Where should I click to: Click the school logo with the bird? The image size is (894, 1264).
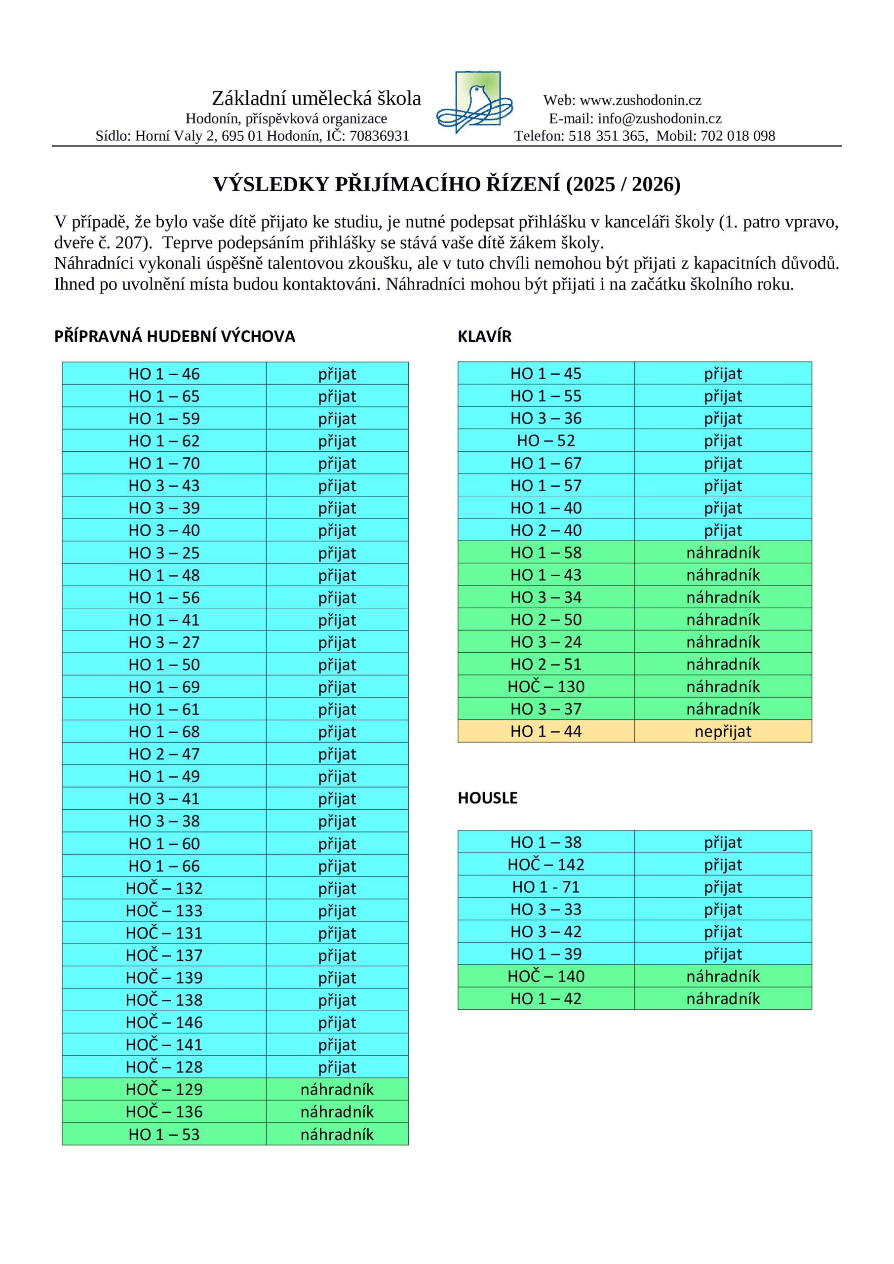coord(474,102)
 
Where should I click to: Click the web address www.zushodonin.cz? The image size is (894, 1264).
coord(640,100)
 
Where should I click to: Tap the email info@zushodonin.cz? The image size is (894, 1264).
coord(660,118)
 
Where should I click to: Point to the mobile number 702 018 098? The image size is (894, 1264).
coord(737,136)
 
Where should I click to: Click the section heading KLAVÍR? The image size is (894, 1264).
coord(484,336)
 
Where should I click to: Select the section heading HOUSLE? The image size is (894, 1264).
coord(487,798)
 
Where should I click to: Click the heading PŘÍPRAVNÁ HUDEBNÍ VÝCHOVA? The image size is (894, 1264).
coord(175,336)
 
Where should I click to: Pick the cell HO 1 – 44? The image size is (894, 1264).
coord(545,731)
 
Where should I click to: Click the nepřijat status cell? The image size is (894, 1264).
coord(722,731)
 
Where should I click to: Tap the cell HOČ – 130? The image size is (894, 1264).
coord(545,686)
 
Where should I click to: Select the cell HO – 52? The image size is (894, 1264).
coord(545,440)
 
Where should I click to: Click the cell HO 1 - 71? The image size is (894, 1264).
coord(545,887)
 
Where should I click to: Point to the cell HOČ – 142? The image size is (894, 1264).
coord(545,865)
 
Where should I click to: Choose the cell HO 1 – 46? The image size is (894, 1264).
coord(164,374)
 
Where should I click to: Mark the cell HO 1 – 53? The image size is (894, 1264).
coord(164,1134)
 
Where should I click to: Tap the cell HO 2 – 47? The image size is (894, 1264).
coord(164,753)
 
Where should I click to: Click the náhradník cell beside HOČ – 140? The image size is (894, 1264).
coord(722,976)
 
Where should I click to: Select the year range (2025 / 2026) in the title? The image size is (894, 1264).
coord(623,185)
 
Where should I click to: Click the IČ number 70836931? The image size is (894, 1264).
coord(379,136)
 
